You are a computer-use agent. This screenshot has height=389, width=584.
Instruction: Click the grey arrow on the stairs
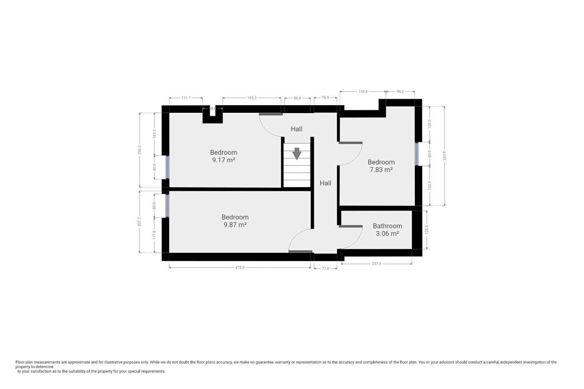pos(297,153)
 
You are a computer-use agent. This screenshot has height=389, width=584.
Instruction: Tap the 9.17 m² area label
pos(224,160)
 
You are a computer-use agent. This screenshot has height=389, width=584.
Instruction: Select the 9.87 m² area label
pos(235,225)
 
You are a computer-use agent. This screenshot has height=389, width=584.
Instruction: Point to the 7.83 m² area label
pos(381,170)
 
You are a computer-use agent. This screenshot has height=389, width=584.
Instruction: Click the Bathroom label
pos(388,226)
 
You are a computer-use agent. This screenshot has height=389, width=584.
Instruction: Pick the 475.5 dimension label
pos(240,268)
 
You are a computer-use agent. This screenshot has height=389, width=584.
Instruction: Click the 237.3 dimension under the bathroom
pos(376,264)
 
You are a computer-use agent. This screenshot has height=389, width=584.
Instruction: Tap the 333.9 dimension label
pos(444,156)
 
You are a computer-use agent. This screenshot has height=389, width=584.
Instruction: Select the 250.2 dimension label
pos(140,150)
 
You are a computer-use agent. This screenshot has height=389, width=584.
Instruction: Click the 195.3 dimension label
pos(252,98)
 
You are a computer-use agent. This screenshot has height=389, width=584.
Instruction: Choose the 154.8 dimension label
pos(363,91)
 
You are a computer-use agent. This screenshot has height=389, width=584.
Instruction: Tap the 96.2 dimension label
pos(400,91)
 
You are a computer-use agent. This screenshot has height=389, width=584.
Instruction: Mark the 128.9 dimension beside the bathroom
pos(426,230)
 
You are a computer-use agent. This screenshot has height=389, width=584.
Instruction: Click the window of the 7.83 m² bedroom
pos(417,154)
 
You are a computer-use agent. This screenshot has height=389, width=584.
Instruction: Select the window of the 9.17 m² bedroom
pos(167,167)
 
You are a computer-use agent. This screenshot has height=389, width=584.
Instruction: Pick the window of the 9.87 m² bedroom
pos(167,206)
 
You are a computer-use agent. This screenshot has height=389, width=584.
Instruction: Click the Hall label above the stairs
pos(297,129)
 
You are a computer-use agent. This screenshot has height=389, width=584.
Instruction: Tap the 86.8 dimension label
pos(297,98)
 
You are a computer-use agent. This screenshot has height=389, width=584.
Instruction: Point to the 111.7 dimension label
pos(186,98)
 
